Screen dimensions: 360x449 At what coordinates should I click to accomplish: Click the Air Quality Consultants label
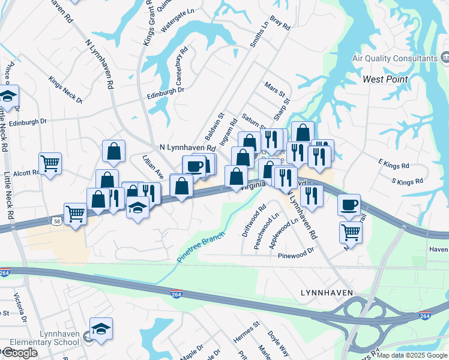(x=394, y=58)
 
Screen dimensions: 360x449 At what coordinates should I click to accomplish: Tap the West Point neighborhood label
(x=385, y=79)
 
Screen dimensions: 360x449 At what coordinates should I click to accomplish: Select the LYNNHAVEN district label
(x=326, y=292)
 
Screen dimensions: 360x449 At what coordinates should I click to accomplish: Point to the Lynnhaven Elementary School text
(x=50, y=338)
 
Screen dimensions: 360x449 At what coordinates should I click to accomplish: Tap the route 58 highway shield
(x=55, y=221)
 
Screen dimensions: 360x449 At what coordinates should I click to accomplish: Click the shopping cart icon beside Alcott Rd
(x=50, y=163)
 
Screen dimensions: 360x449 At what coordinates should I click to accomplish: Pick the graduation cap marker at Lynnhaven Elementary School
(x=101, y=328)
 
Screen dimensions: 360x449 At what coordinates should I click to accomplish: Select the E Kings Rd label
(x=393, y=163)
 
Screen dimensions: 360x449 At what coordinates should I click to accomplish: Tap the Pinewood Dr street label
(x=296, y=253)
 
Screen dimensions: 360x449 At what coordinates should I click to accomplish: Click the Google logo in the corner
(x=20, y=353)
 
